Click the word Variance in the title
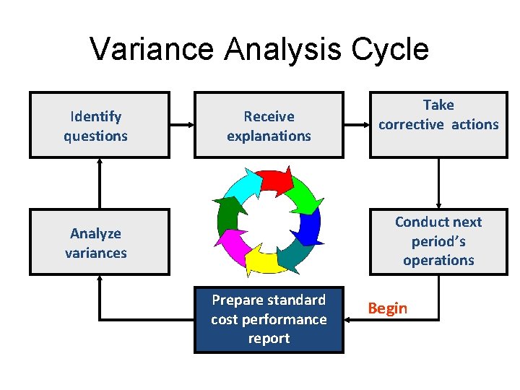152,49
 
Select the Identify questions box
99,125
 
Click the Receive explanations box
269,125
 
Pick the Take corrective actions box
438,124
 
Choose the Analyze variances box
99,242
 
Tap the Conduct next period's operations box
438,242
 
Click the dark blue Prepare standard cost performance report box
269,319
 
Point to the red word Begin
388,308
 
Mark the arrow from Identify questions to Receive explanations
182,125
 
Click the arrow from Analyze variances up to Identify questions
100,183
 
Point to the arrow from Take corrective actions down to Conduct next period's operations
438,183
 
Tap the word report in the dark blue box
269,339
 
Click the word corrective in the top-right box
412,124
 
